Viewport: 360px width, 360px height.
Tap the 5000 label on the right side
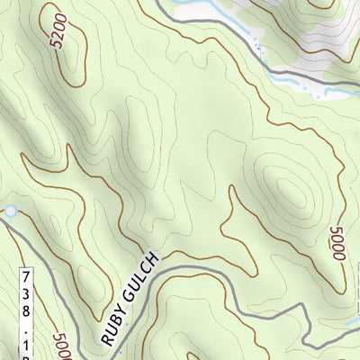coord(338,244)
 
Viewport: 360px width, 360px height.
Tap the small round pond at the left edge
coord(10,211)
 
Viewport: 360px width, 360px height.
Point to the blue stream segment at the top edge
coord(193,9)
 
